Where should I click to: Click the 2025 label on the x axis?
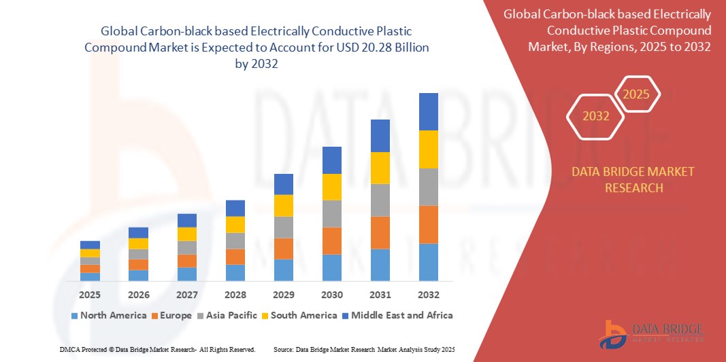pyautogui.click(x=90, y=295)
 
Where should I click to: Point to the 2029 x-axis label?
pyautogui.click(x=284, y=295)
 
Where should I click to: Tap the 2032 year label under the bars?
pyautogui.click(x=429, y=295)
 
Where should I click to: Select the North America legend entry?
pyautogui.click(x=108, y=315)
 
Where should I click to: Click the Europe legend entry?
pyautogui.click(x=171, y=315)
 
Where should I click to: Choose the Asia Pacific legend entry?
pyautogui.click(x=227, y=315)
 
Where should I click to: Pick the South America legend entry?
pyautogui.click(x=299, y=315)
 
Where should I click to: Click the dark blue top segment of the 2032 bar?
pyautogui.click(x=429, y=111)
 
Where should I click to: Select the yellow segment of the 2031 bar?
pyautogui.click(x=380, y=168)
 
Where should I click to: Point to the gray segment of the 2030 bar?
pyautogui.click(x=332, y=213)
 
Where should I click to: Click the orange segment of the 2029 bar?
pyautogui.click(x=284, y=248)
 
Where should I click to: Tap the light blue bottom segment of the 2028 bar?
pyautogui.click(x=235, y=272)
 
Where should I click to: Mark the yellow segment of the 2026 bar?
pyautogui.click(x=138, y=243)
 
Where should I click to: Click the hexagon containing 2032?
pyautogui.click(x=596, y=116)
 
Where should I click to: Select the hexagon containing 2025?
pyautogui.click(x=637, y=94)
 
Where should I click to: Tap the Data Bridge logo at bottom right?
pyautogui.click(x=650, y=333)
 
